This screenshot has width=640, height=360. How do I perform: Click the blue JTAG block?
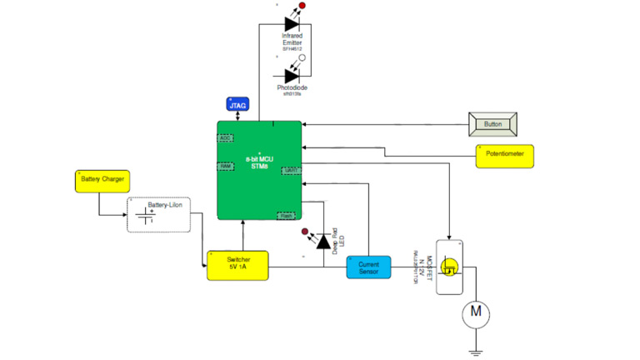[x=237, y=105]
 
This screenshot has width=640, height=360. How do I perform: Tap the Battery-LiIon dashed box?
[x=158, y=215]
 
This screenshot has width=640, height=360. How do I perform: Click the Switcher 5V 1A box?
[x=239, y=265]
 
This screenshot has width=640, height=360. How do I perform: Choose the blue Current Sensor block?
[x=368, y=267]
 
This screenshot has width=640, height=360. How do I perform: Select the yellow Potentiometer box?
[x=505, y=156]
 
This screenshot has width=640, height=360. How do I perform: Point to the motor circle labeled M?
[x=476, y=312]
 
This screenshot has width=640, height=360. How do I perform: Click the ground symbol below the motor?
[x=476, y=352]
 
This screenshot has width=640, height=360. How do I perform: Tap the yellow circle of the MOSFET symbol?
[x=450, y=268]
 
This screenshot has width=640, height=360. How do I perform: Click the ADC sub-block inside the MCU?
[x=225, y=138]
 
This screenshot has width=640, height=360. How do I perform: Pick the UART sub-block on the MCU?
[x=291, y=171]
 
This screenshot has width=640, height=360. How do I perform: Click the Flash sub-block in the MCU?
[x=286, y=216]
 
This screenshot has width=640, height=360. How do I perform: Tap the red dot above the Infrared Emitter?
[x=302, y=6]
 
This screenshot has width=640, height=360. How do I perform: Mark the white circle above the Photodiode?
[x=302, y=58]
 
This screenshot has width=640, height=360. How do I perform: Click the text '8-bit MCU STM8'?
[x=259, y=162]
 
